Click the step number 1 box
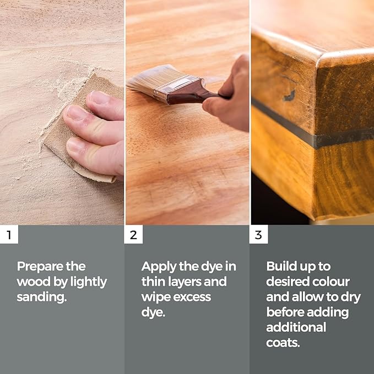[x=9, y=235]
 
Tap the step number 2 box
[x=133, y=235]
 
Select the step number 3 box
[x=258, y=235]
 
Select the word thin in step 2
[x=154, y=282]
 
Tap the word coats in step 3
[x=284, y=342]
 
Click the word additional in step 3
[x=296, y=327]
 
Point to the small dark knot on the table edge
[x=289, y=95]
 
